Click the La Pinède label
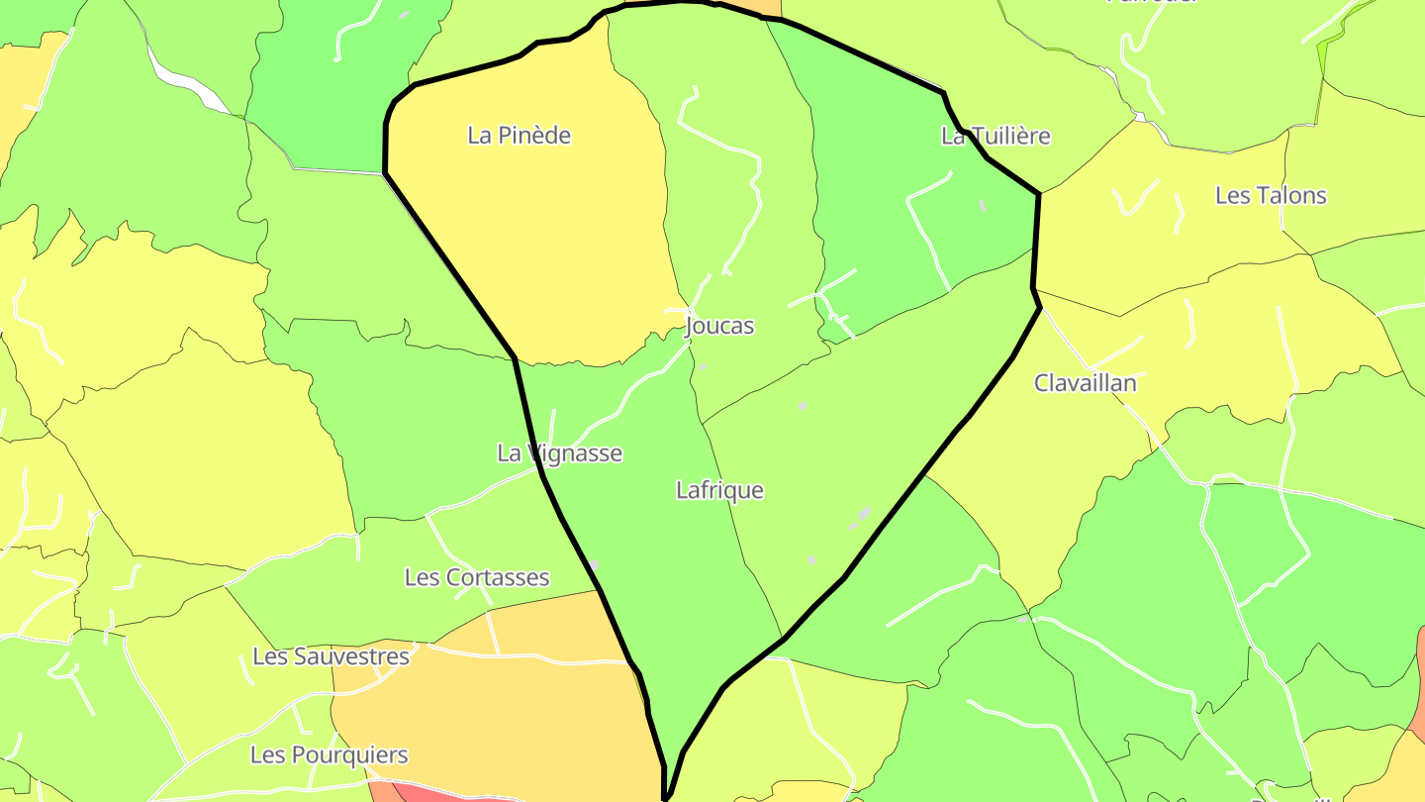[x=520, y=136]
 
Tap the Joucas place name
[x=719, y=326]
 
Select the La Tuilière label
[x=996, y=136]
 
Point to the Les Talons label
[x=1271, y=195]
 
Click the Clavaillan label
[x=1086, y=383]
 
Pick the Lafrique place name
[x=720, y=490]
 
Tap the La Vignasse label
[x=560, y=453]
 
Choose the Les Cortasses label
[x=477, y=577]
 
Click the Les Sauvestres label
[x=331, y=656]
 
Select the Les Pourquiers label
[x=329, y=755]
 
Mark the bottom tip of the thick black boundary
[x=667, y=796]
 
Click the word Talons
[x=1291, y=195]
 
